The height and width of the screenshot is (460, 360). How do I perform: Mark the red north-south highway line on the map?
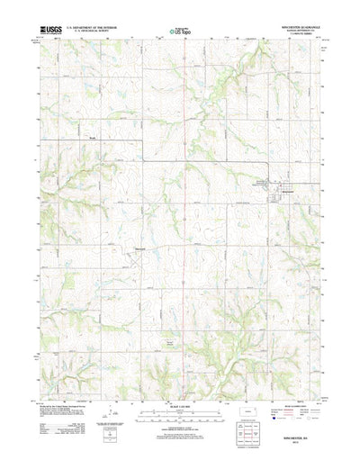coord(186,180)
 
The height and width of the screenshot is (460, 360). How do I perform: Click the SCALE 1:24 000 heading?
coord(179,384)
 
